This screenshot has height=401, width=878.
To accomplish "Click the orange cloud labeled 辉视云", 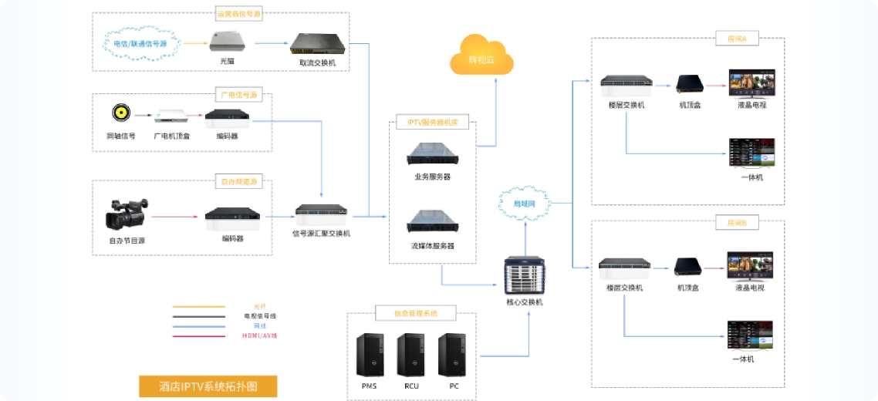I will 481,56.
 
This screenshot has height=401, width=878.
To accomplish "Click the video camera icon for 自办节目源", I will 126,215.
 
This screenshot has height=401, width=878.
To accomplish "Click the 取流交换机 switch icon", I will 317,43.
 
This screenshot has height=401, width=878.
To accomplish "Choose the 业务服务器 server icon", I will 432,155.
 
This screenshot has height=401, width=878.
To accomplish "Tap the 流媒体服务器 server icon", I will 432,222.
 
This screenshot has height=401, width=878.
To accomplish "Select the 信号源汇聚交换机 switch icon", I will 321,211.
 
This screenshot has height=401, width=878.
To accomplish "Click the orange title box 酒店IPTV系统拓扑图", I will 208,386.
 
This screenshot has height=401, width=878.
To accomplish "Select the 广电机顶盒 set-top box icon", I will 171,116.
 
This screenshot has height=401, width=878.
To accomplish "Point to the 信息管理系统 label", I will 415,313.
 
